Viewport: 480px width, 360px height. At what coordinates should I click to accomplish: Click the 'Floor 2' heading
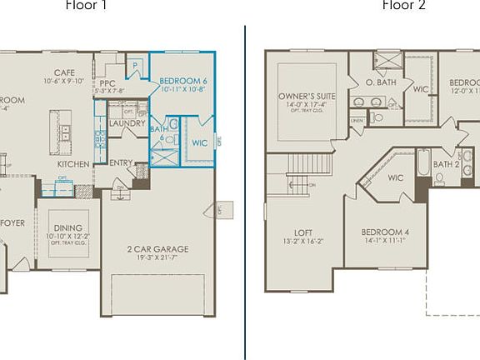click(x=403, y=6)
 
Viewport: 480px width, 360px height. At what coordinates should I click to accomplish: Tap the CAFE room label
click(x=65, y=72)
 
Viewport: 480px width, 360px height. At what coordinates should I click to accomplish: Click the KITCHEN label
click(x=73, y=164)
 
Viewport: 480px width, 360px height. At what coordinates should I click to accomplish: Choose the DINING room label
click(x=68, y=227)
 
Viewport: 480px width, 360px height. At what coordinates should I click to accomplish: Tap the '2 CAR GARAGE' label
click(x=157, y=248)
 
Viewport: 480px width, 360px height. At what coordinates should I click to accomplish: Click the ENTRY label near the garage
click(x=121, y=162)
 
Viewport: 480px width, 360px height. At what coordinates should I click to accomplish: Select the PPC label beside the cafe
click(x=107, y=83)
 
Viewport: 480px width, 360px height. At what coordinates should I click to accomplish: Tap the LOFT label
click(x=302, y=232)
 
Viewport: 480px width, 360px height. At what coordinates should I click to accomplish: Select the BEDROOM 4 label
click(x=384, y=232)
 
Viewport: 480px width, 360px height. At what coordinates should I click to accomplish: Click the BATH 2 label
click(x=446, y=164)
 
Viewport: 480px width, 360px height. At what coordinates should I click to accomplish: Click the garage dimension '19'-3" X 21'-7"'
click(x=157, y=258)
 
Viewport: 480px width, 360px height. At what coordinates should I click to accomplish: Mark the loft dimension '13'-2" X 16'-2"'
click(x=302, y=242)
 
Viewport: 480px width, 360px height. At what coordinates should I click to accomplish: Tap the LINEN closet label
click(x=357, y=121)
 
